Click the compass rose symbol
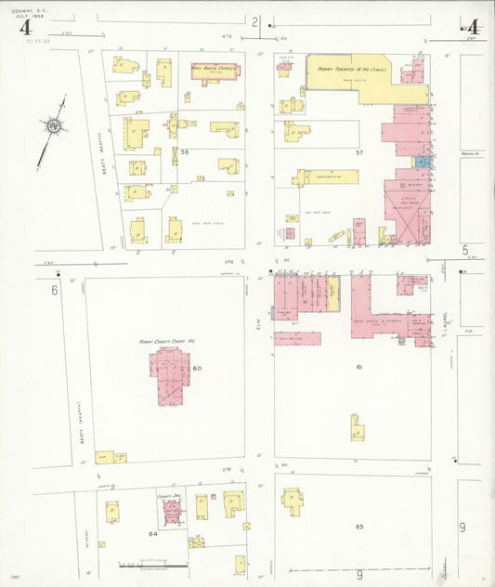pos(54,125)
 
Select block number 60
pos(197,369)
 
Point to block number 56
pos(185,152)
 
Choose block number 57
pos(358,150)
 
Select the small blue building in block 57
pos(423,162)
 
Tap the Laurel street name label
pos(446,321)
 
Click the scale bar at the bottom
pos(153,565)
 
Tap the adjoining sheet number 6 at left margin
pos(55,290)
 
